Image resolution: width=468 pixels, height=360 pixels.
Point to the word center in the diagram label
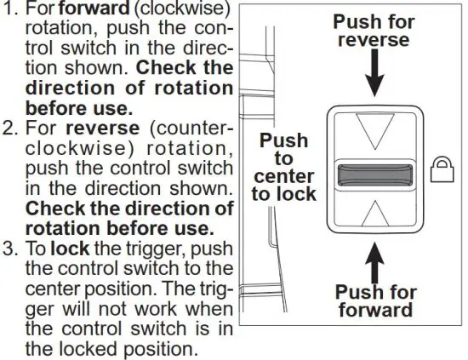click(x=283, y=176)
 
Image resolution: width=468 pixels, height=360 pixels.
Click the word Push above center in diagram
click(x=283, y=140)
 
